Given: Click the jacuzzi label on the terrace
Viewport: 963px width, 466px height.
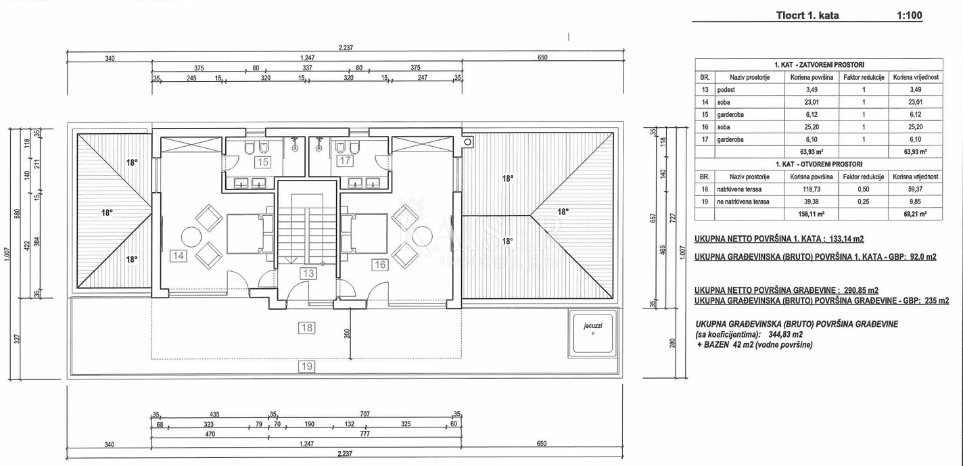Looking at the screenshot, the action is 593,326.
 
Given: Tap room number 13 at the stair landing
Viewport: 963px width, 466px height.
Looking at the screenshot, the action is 308,273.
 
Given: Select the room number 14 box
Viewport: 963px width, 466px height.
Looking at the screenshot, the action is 178,256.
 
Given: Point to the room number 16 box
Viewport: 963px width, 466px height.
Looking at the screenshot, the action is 380,265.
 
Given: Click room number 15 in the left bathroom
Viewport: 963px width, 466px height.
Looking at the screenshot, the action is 263,162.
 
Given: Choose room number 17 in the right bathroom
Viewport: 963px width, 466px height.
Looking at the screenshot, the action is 345,161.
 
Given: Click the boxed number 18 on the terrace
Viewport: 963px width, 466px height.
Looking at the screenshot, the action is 306,328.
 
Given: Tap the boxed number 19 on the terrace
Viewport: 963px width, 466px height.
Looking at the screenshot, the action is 306,367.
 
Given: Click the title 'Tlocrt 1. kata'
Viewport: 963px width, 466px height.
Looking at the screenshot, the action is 807,16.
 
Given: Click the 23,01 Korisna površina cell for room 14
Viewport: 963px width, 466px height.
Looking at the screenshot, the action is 812,102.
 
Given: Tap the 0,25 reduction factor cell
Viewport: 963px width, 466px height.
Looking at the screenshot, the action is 864,202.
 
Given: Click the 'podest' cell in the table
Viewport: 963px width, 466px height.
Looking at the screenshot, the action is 726,90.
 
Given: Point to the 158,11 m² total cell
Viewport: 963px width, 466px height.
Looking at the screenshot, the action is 812,214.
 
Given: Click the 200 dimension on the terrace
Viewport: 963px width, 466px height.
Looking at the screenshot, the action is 348,333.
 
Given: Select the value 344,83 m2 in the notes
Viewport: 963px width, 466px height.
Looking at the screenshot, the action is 782,335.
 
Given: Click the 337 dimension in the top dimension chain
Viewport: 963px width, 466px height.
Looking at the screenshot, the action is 308,68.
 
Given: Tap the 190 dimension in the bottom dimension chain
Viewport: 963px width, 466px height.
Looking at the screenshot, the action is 310,424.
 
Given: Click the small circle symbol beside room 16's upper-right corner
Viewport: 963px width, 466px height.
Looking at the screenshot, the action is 468,141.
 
